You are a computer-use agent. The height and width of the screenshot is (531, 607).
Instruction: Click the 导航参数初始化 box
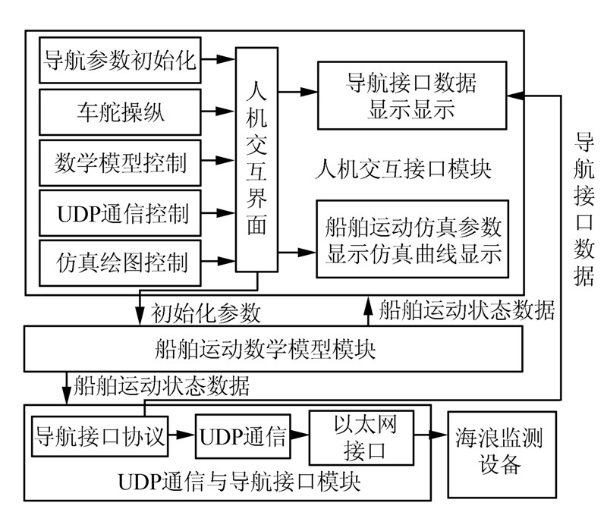(x=120, y=59)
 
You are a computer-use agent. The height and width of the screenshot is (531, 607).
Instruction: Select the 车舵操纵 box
(x=120, y=112)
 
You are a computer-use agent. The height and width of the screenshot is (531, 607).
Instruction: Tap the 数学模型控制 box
(x=120, y=162)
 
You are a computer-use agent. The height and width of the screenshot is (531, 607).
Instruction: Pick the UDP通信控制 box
(x=120, y=212)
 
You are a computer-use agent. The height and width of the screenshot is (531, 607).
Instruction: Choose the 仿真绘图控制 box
(x=120, y=263)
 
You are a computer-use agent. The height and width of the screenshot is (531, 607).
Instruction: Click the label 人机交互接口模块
(x=402, y=169)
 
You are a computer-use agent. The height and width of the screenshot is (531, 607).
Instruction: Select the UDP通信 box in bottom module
(x=243, y=437)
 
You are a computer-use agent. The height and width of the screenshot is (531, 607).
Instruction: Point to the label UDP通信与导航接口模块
(x=240, y=482)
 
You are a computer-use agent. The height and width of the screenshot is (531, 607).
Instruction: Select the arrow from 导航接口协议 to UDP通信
(x=181, y=437)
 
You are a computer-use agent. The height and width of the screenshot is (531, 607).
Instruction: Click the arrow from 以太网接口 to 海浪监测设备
(x=432, y=437)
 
